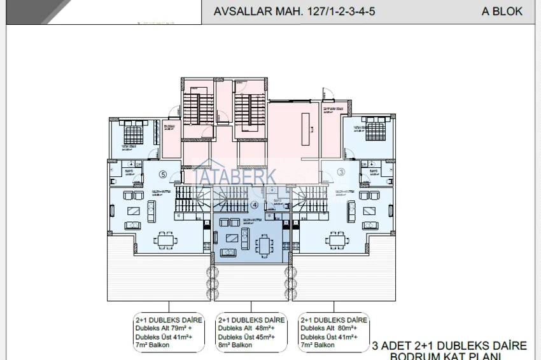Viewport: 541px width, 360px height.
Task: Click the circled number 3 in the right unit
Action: pos(341,172)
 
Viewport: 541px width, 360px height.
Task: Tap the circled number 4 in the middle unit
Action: pos(255,205)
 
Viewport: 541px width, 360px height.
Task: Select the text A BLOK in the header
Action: pos(502,11)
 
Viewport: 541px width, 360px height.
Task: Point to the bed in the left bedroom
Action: pos(133,134)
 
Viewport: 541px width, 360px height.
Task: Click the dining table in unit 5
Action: pos(167,240)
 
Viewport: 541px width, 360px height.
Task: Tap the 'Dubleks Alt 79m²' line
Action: pos(167,328)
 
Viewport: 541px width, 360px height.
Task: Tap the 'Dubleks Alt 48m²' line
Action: pos(250,328)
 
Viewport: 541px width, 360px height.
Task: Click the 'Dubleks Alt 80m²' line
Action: pos(333,328)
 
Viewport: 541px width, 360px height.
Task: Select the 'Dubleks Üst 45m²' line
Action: pos(250,337)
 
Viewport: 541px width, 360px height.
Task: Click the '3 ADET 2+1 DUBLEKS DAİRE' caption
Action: pos(449,345)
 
